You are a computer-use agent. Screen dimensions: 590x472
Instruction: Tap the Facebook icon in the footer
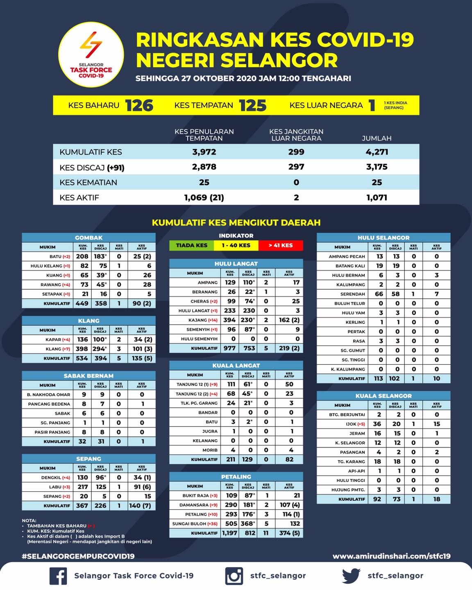coord(58,576)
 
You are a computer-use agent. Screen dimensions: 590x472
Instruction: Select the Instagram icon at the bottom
coord(234,576)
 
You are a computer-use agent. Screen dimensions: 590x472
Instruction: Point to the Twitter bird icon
coord(351,575)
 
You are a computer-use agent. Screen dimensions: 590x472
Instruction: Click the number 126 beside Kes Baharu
coord(139,105)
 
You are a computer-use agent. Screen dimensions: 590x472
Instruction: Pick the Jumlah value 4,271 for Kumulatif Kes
coord(377,152)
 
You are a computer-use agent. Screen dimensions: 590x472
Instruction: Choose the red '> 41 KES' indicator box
coord(281,245)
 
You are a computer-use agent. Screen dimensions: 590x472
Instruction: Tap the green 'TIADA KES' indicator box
coord(191,245)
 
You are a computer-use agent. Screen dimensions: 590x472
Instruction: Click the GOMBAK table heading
coord(88,238)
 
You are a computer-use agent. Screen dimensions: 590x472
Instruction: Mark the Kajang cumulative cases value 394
coord(229,320)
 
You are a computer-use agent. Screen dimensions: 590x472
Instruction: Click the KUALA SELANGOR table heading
coord(383,396)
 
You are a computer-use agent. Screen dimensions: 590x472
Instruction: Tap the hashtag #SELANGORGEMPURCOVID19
coord(78,556)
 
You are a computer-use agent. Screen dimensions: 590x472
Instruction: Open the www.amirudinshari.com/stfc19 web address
coord(391,556)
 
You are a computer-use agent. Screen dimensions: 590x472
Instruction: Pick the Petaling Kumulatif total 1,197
coord(229,533)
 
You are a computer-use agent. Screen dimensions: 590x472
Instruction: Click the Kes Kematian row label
coord(88,182)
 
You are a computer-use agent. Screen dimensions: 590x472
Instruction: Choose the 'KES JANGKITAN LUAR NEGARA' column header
coord(296,135)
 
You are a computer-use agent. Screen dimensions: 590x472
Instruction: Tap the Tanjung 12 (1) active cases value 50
coord(289,384)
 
